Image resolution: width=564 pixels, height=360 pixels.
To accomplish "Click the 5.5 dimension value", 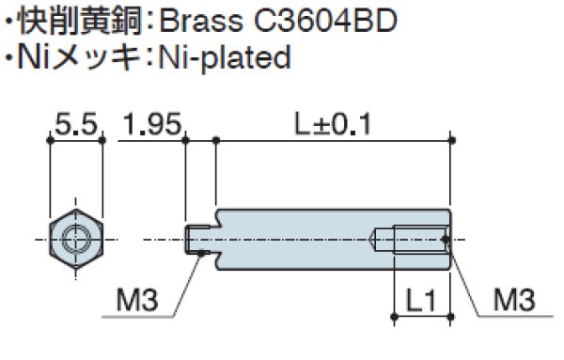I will (76, 126).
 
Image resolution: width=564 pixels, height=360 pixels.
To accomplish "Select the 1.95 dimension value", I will (153, 126).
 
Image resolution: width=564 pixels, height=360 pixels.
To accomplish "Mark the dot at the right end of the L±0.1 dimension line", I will (453, 141).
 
